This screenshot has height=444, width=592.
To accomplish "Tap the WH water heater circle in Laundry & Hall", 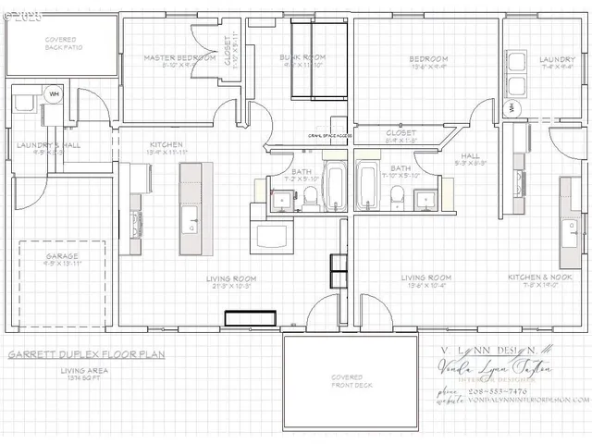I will coord(54,93).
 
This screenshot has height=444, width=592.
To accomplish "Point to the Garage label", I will coord(62,255).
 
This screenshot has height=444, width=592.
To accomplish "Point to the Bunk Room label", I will coord(304,57).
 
